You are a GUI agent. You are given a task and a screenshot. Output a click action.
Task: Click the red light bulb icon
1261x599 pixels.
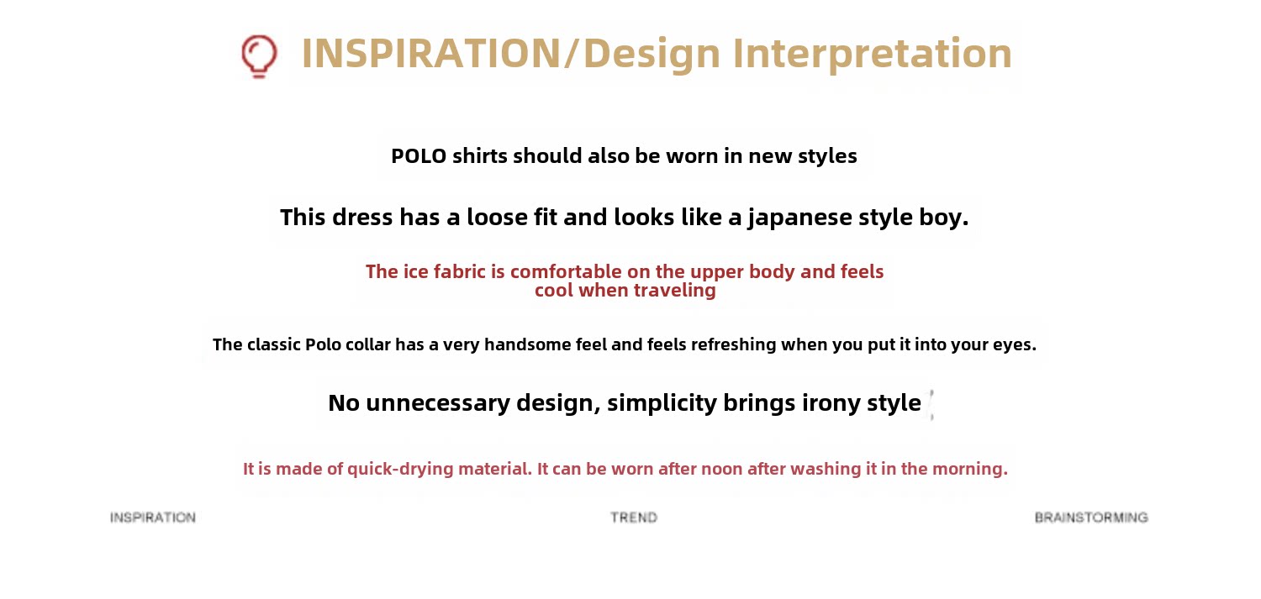pos(259,56)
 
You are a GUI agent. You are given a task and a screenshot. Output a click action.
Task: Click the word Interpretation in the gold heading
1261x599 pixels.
pos(872,54)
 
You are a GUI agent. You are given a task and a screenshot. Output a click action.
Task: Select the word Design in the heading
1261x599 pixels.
pos(652,54)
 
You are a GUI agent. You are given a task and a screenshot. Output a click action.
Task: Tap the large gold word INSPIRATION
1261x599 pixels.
pos(430,54)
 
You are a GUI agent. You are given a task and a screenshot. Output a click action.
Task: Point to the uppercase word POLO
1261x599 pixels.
pos(419,155)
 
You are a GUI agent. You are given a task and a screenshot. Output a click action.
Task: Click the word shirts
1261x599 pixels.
pos(480,155)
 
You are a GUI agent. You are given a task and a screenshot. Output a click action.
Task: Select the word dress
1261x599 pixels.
pos(362,217)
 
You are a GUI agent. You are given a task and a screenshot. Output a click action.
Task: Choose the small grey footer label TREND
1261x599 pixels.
pos(634,518)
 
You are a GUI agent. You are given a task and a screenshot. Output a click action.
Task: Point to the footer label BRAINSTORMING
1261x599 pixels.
pos(1091,518)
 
